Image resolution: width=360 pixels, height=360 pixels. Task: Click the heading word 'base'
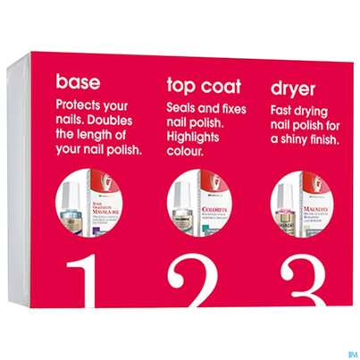(79, 82)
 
